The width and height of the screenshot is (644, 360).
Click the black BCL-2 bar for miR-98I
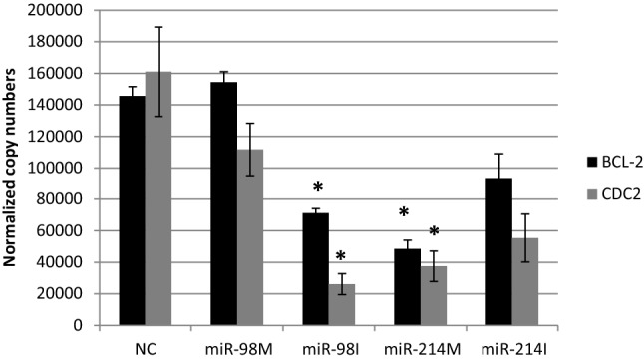[317, 269]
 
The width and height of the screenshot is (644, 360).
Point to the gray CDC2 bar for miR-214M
[434, 295]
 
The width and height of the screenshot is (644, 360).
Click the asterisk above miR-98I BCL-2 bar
[317, 189]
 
